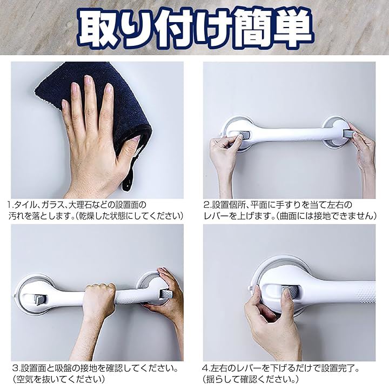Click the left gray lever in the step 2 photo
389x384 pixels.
(239, 136)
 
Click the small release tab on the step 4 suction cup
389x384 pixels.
(250, 289)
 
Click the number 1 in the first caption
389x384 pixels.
(9, 205)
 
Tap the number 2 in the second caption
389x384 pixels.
(206, 205)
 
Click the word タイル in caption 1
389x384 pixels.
(24, 205)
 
